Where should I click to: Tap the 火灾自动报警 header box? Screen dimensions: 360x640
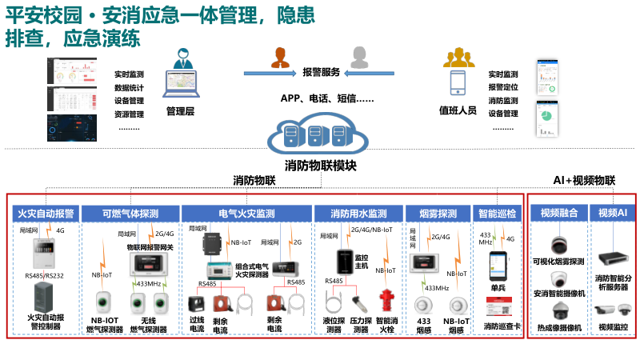[x=46, y=214]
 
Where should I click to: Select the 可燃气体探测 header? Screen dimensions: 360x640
[x=130, y=214]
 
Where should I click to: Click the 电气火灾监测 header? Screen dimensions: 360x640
[x=246, y=214]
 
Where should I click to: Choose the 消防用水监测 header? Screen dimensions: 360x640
[x=359, y=214]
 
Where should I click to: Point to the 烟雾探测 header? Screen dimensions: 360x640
[x=437, y=214]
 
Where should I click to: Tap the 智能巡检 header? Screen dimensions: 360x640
[x=501, y=214]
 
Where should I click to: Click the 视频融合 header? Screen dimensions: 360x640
[x=559, y=214]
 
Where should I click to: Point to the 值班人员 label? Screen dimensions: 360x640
[x=458, y=110]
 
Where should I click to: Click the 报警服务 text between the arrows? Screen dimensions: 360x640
[x=321, y=72]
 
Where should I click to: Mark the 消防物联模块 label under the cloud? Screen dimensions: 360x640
[x=321, y=166]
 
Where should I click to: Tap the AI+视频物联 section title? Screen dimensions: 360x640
[x=584, y=181]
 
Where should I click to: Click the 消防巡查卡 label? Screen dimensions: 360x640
[x=502, y=326]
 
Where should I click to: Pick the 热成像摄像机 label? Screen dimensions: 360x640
[x=559, y=327]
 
